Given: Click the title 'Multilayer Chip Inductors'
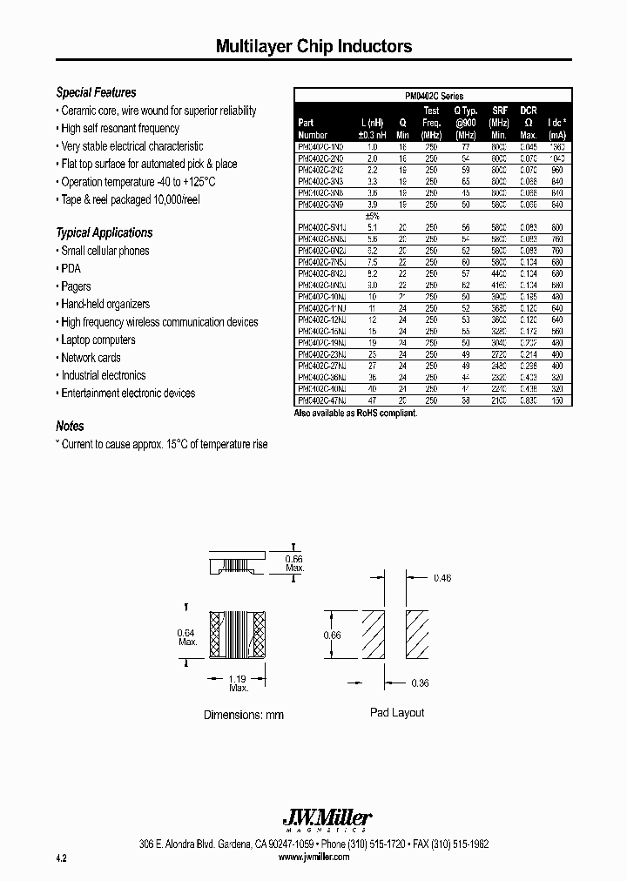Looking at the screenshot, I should [x=313, y=47].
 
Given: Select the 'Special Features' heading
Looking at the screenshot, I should [x=96, y=92].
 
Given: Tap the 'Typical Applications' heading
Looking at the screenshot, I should [x=104, y=232].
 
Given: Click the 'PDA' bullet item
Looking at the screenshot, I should [x=71, y=269].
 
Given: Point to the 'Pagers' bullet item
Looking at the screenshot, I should [x=76, y=286].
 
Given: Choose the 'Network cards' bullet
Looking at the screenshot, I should [x=91, y=358].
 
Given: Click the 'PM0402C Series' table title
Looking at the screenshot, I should [x=434, y=97].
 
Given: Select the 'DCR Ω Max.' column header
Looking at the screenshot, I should [x=528, y=123].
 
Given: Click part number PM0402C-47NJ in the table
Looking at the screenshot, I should [x=322, y=400].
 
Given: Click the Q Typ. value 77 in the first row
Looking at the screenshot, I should [x=465, y=148].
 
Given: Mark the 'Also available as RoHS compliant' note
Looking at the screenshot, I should [x=356, y=414].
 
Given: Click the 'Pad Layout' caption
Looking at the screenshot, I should [x=397, y=712].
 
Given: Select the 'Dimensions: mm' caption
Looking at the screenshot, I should [x=244, y=715].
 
